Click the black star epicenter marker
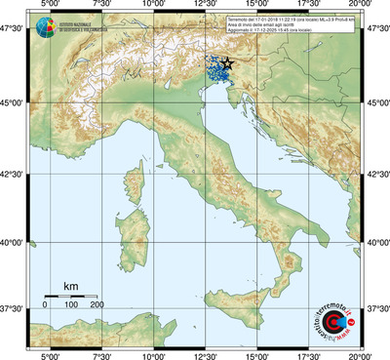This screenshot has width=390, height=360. pos(227,63)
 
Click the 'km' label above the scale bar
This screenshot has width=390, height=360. pos(70,286)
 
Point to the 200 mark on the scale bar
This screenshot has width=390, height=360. pos(97,305)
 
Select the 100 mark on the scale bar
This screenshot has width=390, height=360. pos(71,305)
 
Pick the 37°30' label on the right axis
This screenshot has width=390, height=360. pos(378,308)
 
